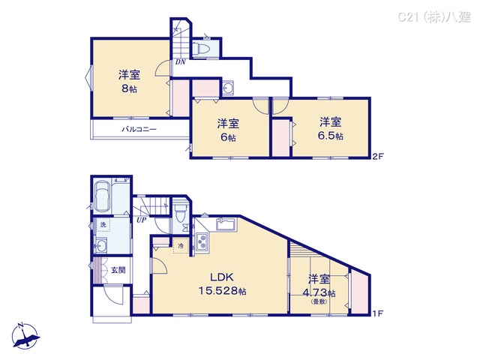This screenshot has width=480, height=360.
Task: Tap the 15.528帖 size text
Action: (223, 290)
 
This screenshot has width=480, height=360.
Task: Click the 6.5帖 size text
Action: (330, 136)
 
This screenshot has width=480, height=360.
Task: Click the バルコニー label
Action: (139, 130)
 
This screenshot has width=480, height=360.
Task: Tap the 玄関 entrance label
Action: (118, 271)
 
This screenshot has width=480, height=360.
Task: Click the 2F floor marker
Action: (378, 157)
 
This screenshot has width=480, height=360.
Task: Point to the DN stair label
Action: (181, 62)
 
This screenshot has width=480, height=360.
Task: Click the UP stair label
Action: (140, 220)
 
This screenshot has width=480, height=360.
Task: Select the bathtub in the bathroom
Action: (102, 199)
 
